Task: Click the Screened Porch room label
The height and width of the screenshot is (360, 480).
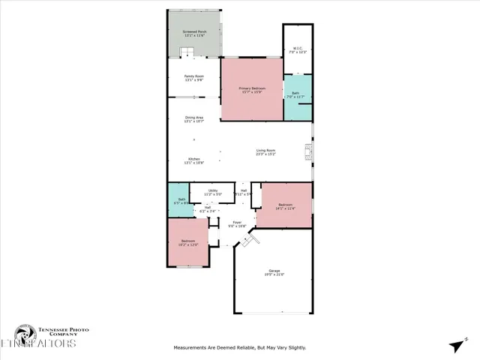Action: (194, 34)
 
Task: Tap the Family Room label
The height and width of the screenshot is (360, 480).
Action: (194, 78)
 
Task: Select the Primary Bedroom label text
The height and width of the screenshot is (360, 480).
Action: (252, 90)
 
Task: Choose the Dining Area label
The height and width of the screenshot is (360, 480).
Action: (194, 119)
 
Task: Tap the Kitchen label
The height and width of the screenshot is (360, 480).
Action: (194, 160)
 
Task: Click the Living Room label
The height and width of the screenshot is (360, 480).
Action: (266, 153)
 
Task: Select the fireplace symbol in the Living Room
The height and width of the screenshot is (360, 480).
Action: (307, 153)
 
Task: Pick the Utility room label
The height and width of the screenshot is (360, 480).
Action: (213, 193)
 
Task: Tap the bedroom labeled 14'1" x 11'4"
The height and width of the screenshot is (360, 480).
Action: (285, 206)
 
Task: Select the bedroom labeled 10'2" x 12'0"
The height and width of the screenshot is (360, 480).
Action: (187, 244)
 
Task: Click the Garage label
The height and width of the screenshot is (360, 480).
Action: (274, 272)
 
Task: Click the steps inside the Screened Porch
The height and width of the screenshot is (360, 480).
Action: (187, 52)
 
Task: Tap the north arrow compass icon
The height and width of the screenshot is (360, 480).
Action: (457, 345)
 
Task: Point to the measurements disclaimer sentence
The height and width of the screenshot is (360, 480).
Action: (239, 347)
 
